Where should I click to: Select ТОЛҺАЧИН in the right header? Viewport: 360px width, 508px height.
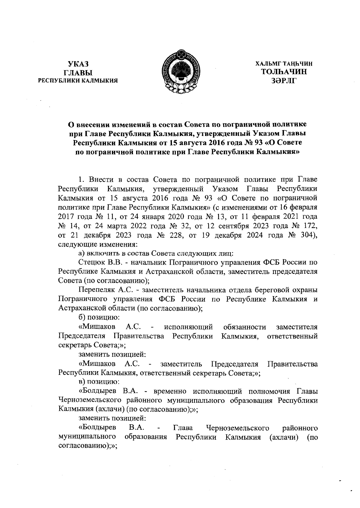(284, 72)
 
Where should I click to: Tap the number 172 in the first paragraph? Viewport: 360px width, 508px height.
(306, 226)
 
